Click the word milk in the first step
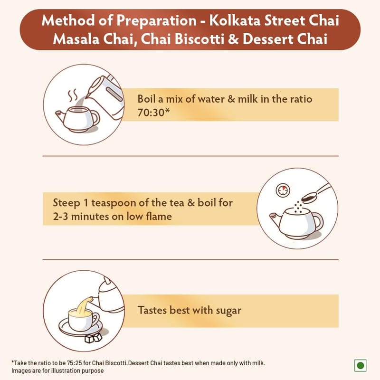pyautogui.click(x=247, y=99)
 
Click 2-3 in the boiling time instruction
pyautogui.click(x=60, y=217)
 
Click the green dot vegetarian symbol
pyautogui.click(x=361, y=365)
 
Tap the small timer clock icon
pyautogui.click(x=283, y=190)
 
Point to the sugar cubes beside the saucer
pyautogui.click(x=93, y=338)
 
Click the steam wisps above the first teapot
pyautogui.click(x=73, y=95)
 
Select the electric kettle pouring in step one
pyautogui.click(x=106, y=97)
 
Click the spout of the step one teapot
pyautogui.click(x=61, y=116)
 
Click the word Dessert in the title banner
pyautogui.click(x=268, y=39)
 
